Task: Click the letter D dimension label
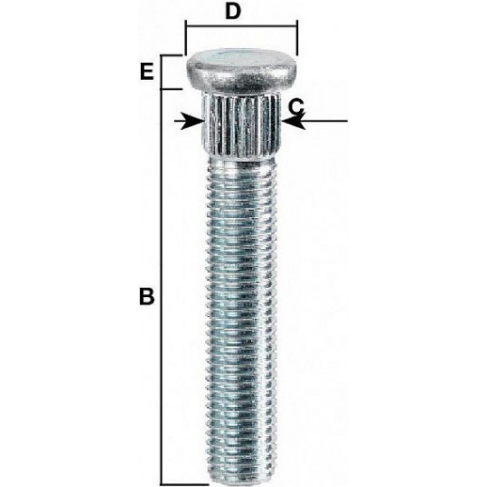pyautogui.click(x=233, y=11)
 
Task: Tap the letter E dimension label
pyautogui.click(x=147, y=71)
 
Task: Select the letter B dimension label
pyautogui.click(x=147, y=296)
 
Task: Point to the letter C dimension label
pyautogui.click(x=296, y=106)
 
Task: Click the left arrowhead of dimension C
pyautogui.click(x=193, y=121)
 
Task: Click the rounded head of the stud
pyautogui.click(x=242, y=71)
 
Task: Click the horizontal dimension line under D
pyautogui.click(x=242, y=27)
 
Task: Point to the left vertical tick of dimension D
pyautogui.click(x=186, y=38)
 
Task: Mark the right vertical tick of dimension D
pyautogui.click(x=297, y=38)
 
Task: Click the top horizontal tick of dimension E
pyautogui.click(x=171, y=55)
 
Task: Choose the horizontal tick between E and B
pyautogui.click(x=171, y=89)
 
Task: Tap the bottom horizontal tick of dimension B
pyautogui.click(x=185, y=484)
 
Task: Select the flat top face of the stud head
pyautogui.click(x=243, y=57)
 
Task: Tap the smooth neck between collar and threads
pyautogui.click(x=241, y=165)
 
